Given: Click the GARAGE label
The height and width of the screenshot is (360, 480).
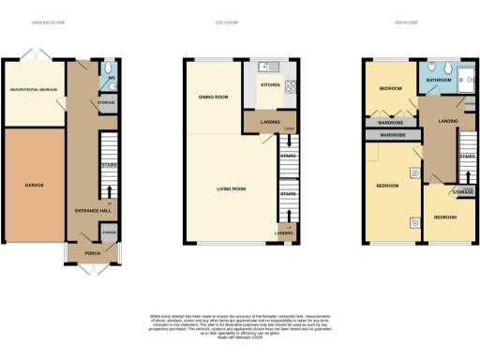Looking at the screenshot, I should tap(34, 185).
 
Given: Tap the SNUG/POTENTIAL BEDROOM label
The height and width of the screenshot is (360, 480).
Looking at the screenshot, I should tap(35, 91).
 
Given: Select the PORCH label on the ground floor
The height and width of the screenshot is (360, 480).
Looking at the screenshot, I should tap(93, 252).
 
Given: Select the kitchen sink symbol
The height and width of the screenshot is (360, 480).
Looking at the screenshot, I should tap(267, 67).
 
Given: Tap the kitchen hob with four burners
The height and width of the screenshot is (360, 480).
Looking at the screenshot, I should tap(291, 88).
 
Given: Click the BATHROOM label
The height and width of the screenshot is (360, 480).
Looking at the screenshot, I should tap(438, 82).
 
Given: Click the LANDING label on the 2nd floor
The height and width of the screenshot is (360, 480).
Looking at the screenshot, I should tap(448, 120).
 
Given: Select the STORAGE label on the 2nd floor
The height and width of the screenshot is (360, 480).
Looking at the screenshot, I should tap(462, 193).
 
